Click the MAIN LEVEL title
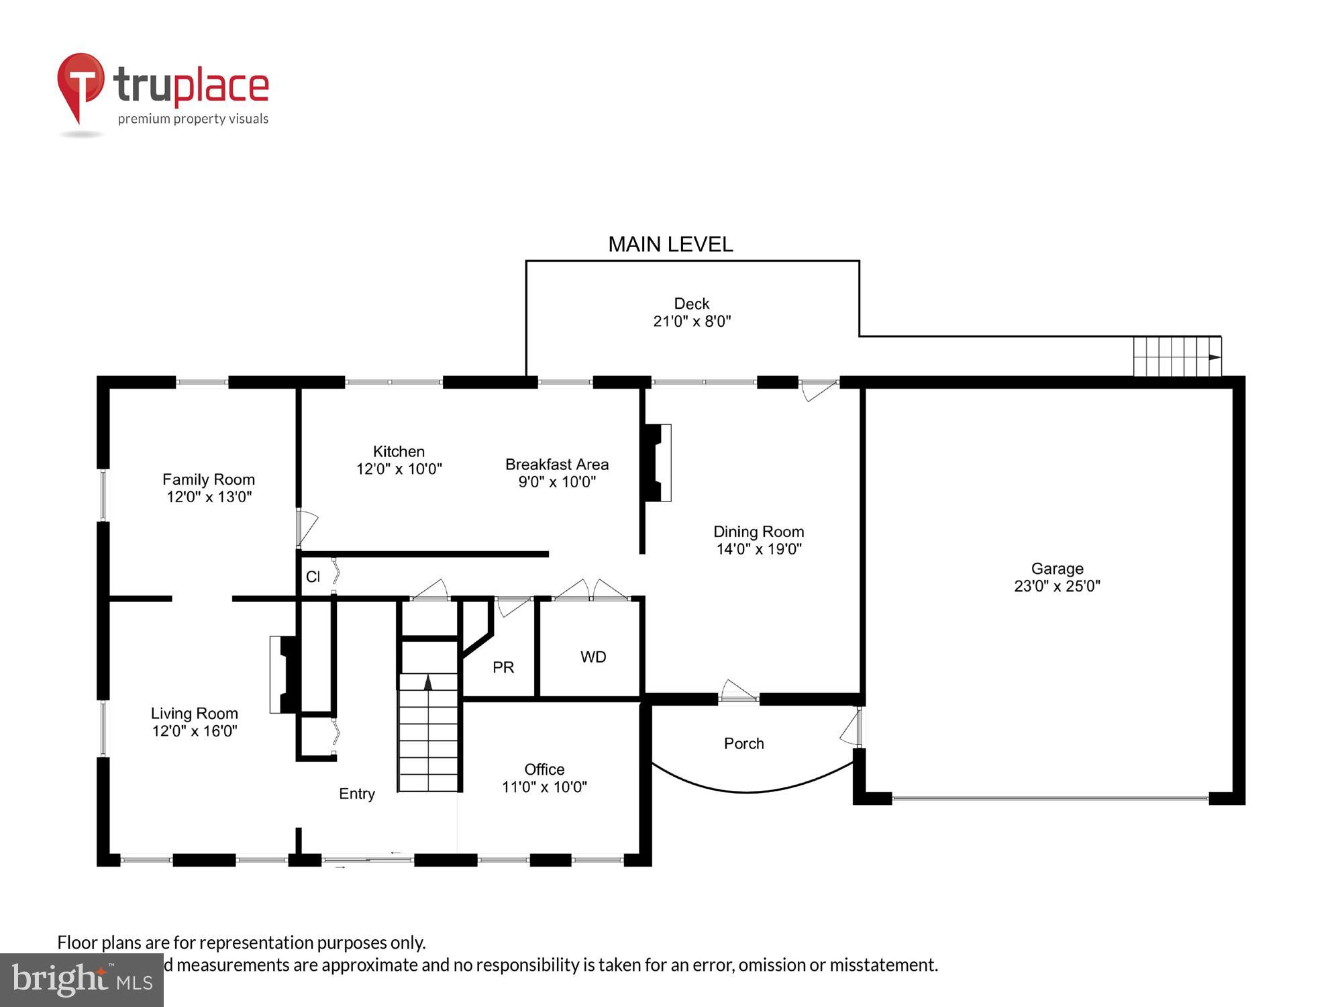670,244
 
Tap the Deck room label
691,304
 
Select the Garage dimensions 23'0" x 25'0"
1057,586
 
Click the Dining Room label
758,532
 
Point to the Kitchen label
399,452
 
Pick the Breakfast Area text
556,465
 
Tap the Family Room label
209,479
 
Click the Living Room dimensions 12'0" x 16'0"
195,731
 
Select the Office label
544,769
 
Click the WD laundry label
593,657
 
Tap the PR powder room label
503,667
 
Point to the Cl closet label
313,577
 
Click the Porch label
743,744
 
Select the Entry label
356,794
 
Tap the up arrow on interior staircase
428,683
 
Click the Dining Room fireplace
658,463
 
